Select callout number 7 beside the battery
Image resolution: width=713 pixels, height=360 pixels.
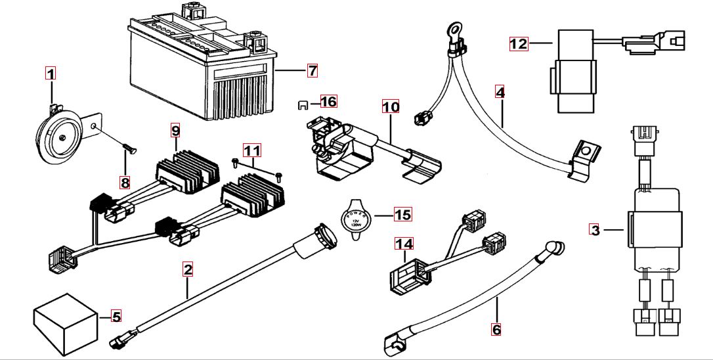312,69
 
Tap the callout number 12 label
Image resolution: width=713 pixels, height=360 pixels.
519,44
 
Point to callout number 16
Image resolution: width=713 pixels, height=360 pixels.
328,101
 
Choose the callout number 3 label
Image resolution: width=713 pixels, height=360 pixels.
595,230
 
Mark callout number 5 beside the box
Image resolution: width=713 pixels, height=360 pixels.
116,317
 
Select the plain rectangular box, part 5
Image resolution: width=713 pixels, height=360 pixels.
63,321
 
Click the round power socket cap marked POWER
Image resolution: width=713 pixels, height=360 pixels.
355,217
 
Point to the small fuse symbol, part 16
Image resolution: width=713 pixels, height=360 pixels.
303,103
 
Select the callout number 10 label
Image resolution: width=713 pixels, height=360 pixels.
390,106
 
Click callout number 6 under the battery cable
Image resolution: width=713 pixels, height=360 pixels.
496,328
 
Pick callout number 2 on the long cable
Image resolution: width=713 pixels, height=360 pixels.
188,269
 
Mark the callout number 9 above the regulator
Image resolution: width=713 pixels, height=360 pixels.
175,130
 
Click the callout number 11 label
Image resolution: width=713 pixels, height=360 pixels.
252,150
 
